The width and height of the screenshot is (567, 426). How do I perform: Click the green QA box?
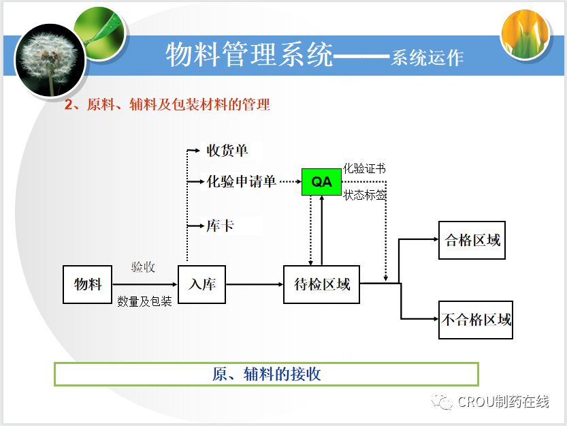pyautogui.click(x=321, y=182)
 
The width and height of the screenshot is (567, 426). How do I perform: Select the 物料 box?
pyautogui.click(x=88, y=284)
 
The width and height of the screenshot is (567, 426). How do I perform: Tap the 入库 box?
pyautogui.click(x=202, y=284)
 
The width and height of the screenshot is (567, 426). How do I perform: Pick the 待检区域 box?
pyautogui.click(x=321, y=284)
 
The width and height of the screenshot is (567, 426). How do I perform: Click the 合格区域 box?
pyautogui.click(x=472, y=240)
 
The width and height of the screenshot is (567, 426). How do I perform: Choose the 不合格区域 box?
pyautogui.click(x=476, y=319)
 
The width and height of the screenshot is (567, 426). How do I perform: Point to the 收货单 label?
pyautogui.click(x=227, y=151)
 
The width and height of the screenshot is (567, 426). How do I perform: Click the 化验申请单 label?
pyautogui.click(x=242, y=182)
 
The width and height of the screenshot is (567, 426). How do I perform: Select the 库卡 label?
pyautogui.click(x=220, y=225)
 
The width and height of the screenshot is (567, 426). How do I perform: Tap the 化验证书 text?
pyautogui.click(x=365, y=168)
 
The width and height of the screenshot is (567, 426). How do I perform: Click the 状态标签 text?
pyautogui.click(x=365, y=196)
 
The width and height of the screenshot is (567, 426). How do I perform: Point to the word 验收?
pyautogui.click(x=143, y=267)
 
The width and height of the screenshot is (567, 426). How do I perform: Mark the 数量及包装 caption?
pyautogui.click(x=144, y=301)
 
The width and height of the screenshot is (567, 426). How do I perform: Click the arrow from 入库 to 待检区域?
pyautogui.click(x=254, y=284)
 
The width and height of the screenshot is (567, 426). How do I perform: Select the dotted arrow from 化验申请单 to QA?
pyautogui.click(x=290, y=182)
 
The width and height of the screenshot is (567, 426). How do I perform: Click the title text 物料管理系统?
pyautogui.click(x=249, y=55)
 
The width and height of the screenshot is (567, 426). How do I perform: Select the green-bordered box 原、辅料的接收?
pyautogui.click(x=266, y=374)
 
